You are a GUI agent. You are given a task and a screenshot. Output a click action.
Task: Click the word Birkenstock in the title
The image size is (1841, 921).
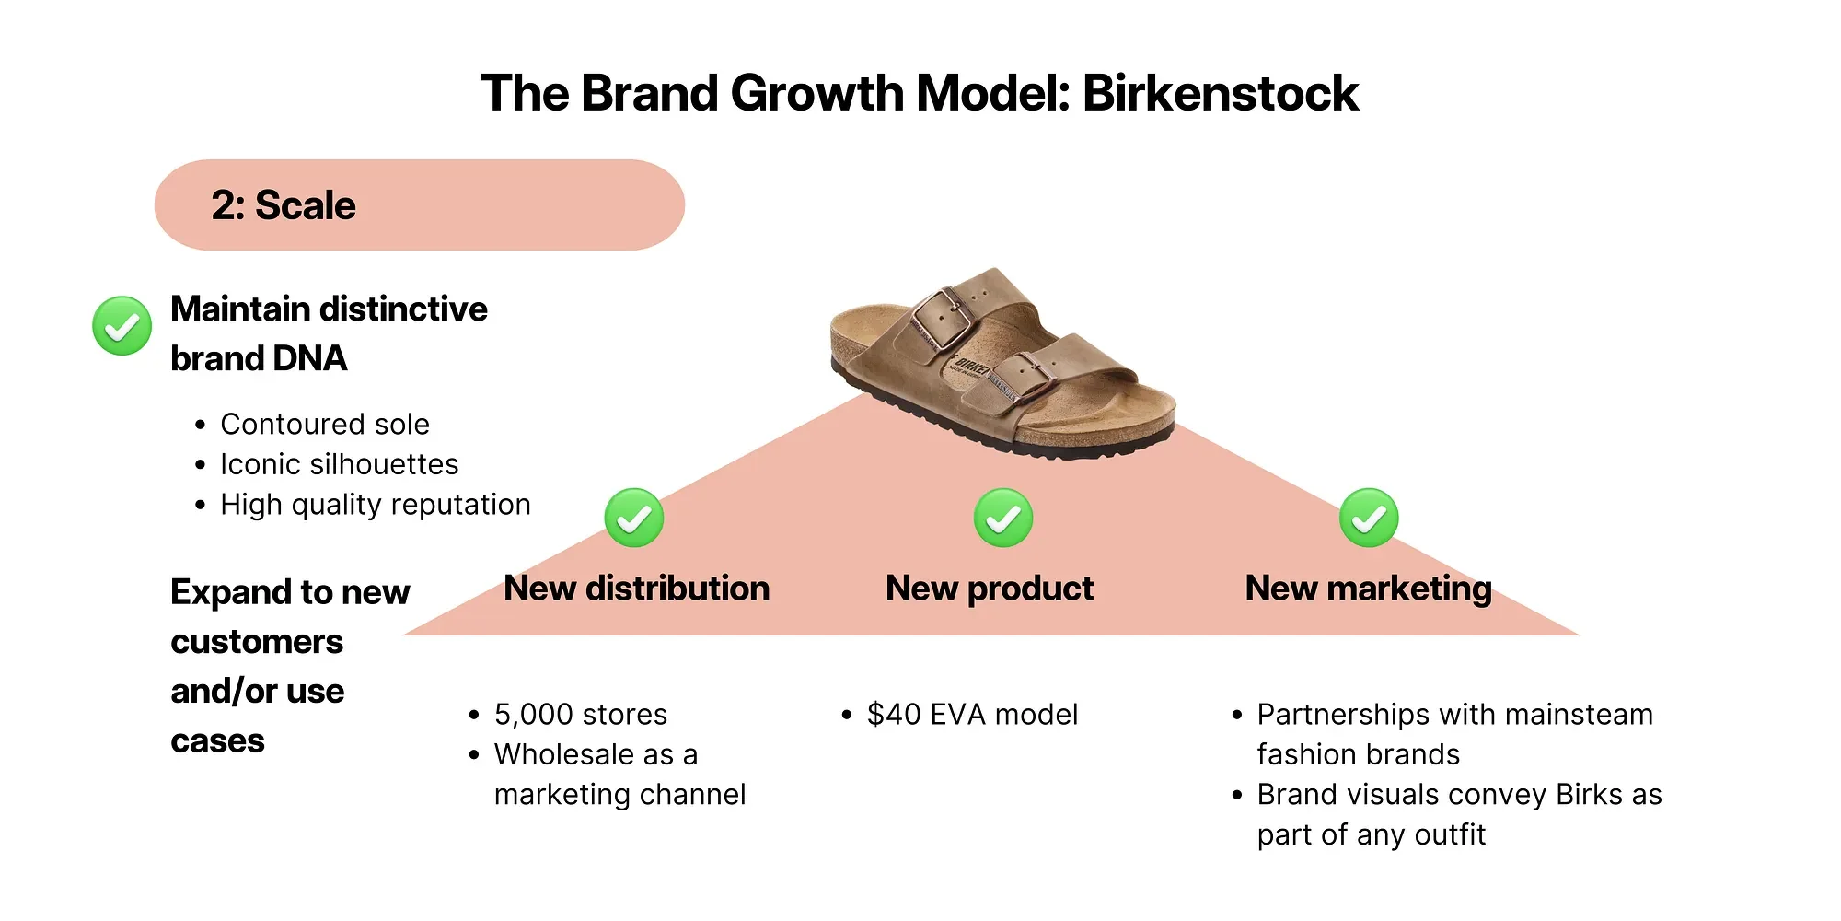coord(1220,94)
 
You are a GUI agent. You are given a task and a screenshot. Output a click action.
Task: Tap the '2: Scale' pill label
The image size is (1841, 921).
coord(284,205)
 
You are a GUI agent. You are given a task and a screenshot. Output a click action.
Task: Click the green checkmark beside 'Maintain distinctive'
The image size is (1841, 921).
coord(122,325)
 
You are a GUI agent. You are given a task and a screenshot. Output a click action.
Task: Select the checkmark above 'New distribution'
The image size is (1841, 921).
coord(633,518)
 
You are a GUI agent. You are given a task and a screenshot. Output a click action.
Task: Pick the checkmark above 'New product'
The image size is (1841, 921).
coord(1002,518)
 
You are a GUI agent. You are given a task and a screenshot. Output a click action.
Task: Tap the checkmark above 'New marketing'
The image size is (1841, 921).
coord(1368,518)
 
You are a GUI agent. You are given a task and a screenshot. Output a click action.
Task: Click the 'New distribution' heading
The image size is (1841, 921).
coord(636,589)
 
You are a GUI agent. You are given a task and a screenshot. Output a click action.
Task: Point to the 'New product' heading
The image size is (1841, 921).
coord(990,589)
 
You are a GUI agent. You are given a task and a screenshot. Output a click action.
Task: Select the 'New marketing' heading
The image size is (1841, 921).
coord(1368,589)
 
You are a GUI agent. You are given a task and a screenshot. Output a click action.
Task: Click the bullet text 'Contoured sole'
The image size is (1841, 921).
coord(325,425)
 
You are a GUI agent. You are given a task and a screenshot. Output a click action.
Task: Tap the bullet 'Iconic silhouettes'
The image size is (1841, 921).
coord(339,464)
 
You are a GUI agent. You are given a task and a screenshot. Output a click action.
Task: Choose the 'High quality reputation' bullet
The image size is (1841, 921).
coord(376,505)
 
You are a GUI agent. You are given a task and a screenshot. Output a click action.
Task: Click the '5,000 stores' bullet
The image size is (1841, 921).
coord(581,715)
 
